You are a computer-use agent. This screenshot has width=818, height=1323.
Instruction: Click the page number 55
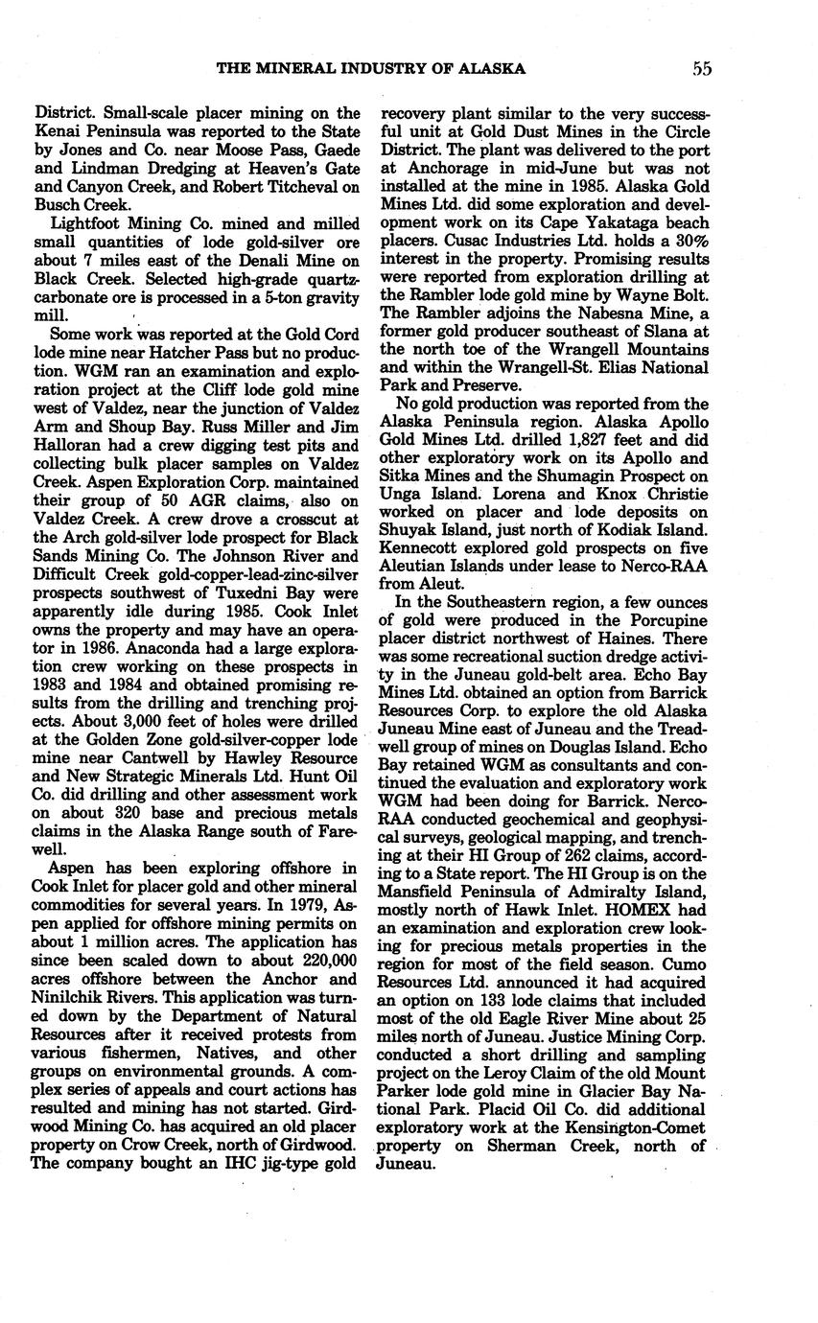pos(701,68)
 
